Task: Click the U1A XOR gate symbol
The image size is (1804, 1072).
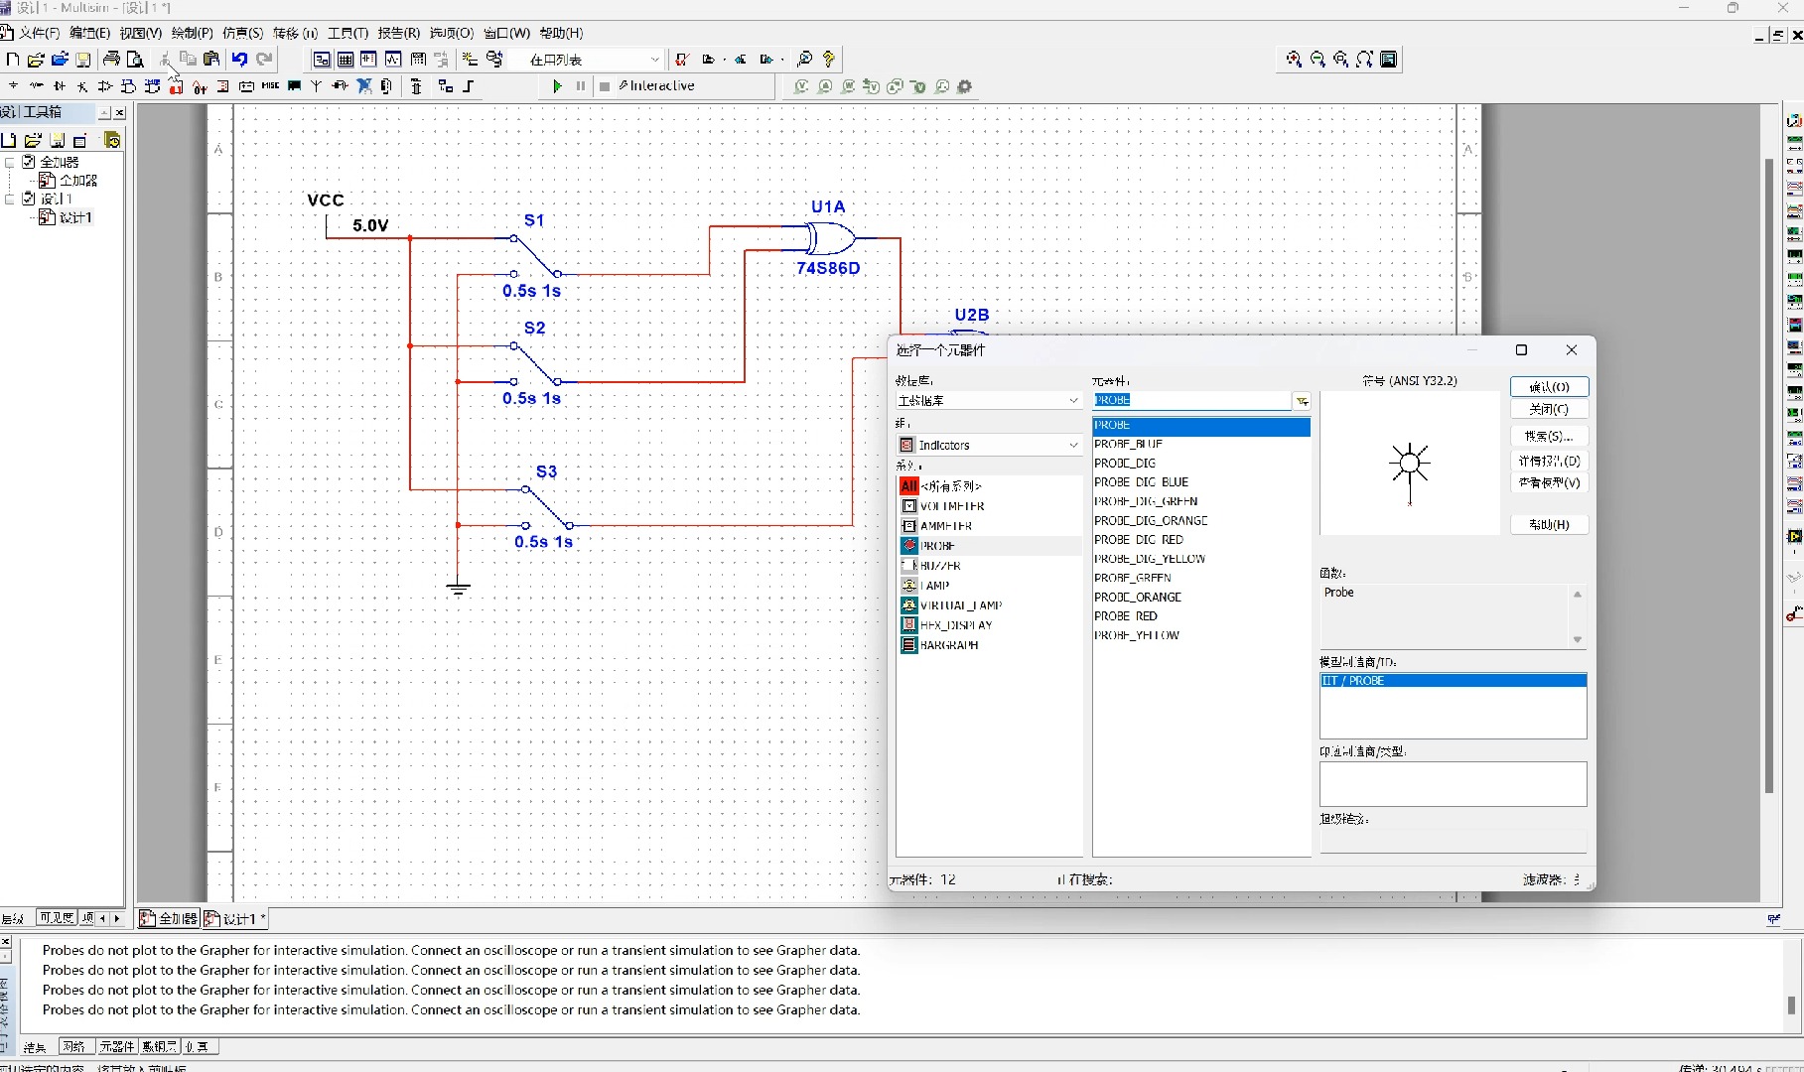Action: (829, 238)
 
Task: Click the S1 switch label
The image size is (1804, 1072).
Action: (534, 220)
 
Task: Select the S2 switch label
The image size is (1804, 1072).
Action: (534, 328)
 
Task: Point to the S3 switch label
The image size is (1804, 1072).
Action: (546, 471)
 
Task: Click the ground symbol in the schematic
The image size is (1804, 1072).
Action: (458, 589)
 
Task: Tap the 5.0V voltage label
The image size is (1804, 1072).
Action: (370, 225)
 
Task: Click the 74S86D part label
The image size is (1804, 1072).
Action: (828, 268)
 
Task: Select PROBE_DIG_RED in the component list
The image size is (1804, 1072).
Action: (1139, 540)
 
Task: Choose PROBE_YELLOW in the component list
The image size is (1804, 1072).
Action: (1137, 635)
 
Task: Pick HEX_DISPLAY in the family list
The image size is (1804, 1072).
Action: (955, 625)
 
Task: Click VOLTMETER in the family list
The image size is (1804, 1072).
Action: (951, 506)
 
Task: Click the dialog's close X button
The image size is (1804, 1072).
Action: (1571, 349)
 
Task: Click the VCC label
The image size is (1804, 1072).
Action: (326, 201)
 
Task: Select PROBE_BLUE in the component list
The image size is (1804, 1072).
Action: (1128, 444)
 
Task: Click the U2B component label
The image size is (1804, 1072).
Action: (971, 315)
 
